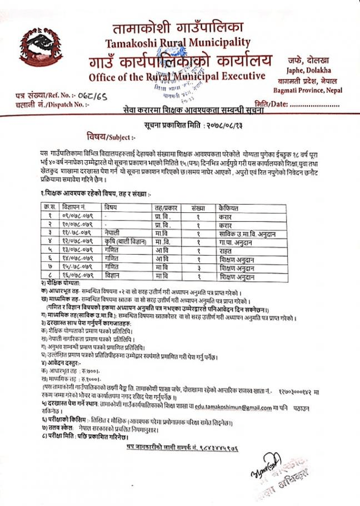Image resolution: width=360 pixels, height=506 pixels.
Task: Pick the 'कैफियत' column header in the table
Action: (x=228, y=207)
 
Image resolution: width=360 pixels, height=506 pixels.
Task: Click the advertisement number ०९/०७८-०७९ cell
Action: (x=78, y=215)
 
